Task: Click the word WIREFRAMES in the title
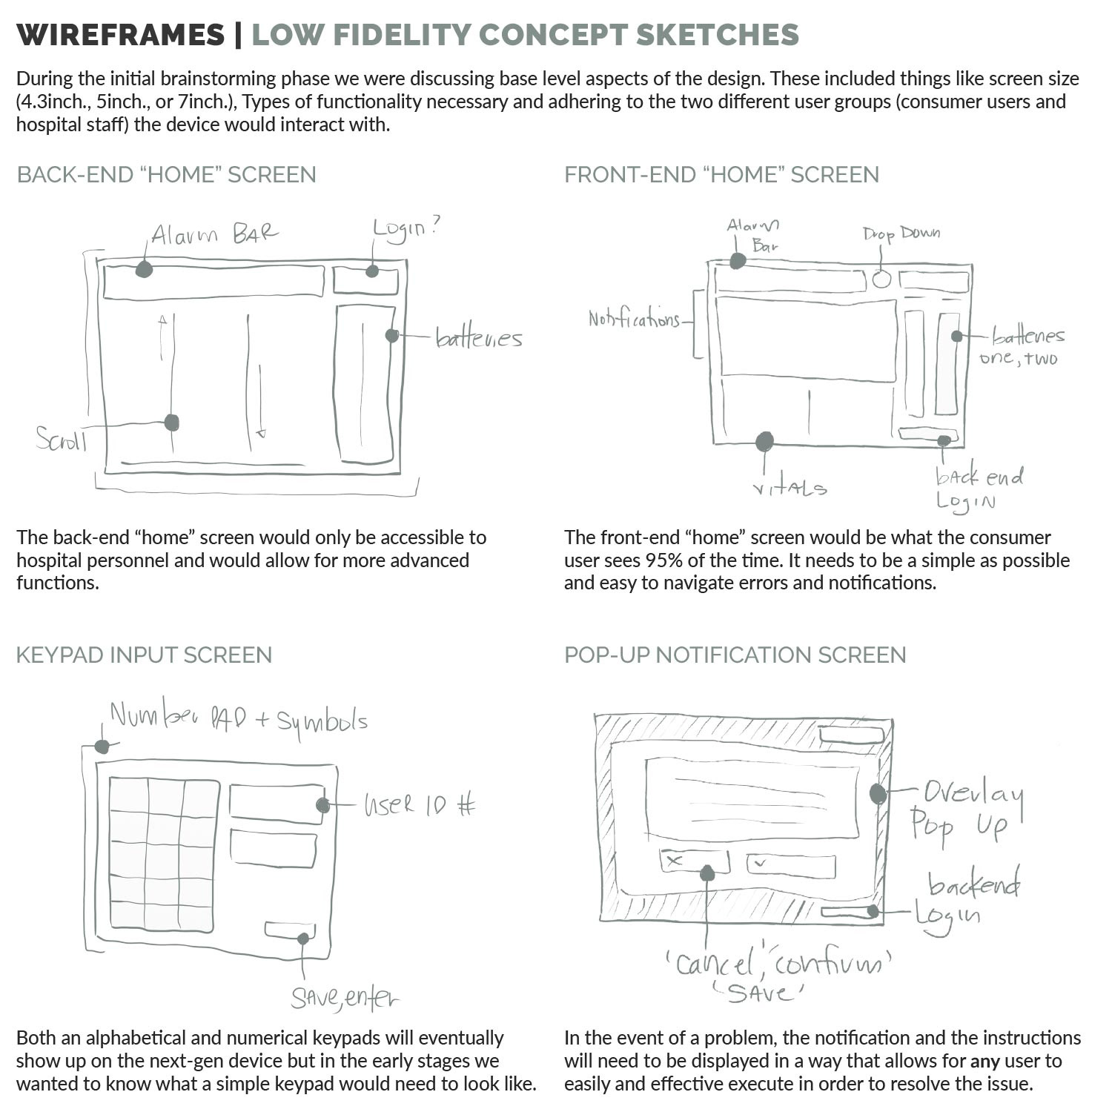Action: click(x=120, y=35)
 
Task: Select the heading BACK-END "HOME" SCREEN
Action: click(x=167, y=175)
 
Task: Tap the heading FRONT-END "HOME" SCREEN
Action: click(x=721, y=175)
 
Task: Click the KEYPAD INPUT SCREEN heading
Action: click(x=144, y=655)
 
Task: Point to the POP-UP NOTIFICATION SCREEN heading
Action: click(x=735, y=655)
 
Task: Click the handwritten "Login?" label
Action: click(x=405, y=228)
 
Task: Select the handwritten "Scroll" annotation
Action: click(x=62, y=440)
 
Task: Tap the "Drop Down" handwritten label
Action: click(x=901, y=234)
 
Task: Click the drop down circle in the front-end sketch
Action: click(x=881, y=279)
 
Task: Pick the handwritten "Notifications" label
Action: click(x=634, y=320)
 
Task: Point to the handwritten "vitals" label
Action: click(x=790, y=488)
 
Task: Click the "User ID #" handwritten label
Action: click(x=419, y=805)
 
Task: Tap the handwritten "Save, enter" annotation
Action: click(x=344, y=998)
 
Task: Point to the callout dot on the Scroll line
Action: click(x=172, y=423)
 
